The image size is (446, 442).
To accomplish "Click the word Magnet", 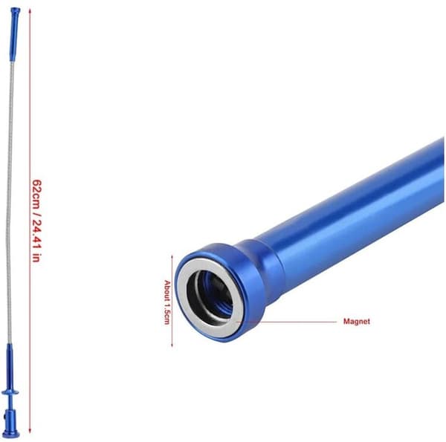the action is tap(357, 322).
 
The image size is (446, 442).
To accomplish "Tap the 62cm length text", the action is tap(37, 194).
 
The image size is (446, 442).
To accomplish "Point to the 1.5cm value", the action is tap(167, 313).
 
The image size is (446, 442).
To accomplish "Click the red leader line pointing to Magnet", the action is tap(287, 322).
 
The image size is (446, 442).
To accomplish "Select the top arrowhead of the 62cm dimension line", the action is tap(30, 11).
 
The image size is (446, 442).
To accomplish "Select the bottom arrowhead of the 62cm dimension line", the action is tap(30, 431).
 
